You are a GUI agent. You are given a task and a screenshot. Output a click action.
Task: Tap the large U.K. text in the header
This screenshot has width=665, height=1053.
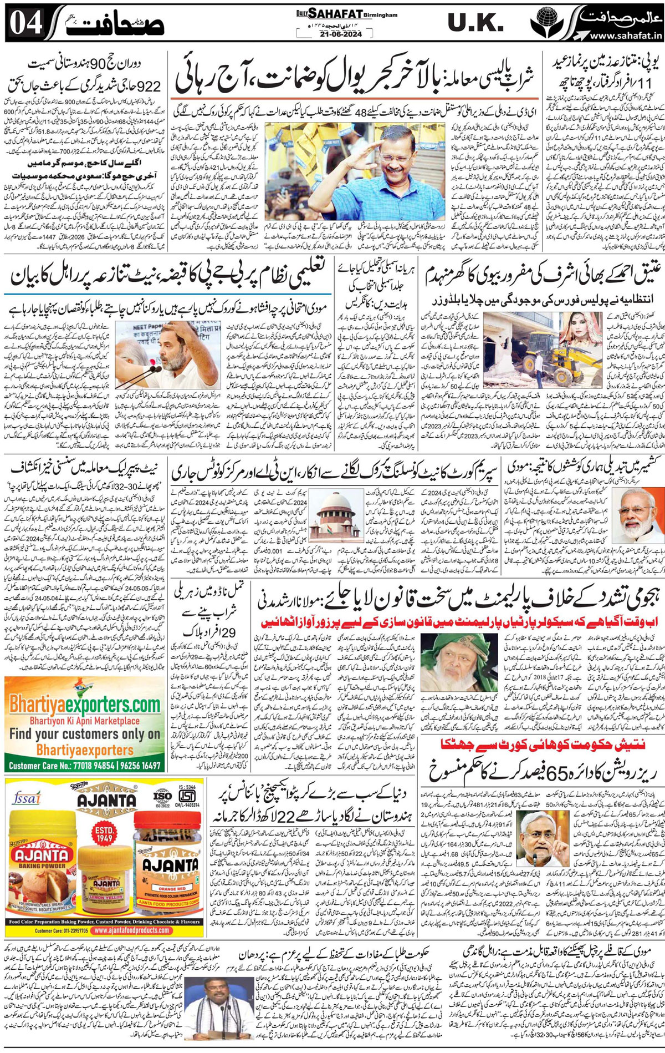click(475, 23)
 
